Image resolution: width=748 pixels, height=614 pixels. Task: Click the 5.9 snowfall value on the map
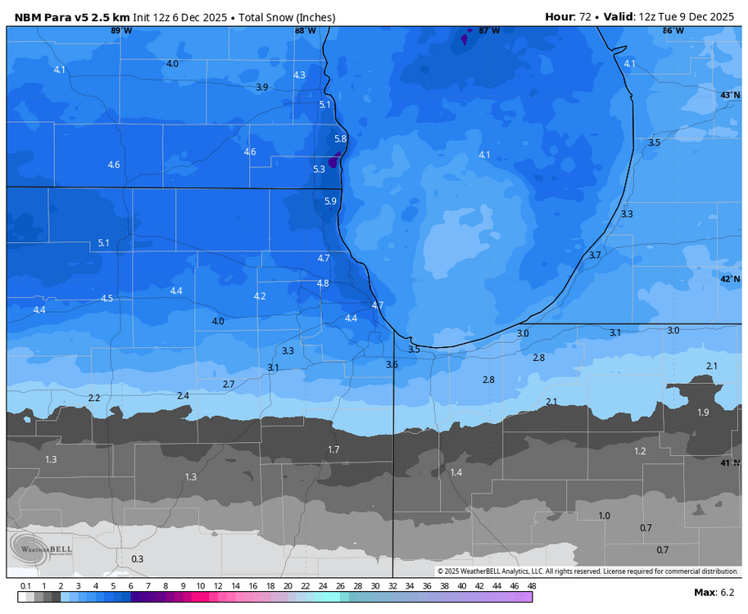click(330, 201)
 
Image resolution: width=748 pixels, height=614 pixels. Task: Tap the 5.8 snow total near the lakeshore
click(341, 139)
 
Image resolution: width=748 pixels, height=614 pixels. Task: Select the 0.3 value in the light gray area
click(137, 559)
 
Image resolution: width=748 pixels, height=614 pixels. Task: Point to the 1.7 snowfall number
click(333, 449)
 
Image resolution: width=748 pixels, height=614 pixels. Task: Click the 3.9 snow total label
click(261, 87)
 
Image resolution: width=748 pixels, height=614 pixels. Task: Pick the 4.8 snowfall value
click(323, 283)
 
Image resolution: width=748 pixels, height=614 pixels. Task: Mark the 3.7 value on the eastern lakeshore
click(595, 255)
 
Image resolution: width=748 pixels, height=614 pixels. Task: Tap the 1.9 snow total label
click(703, 412)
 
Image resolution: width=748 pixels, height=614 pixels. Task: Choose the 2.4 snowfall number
click(183, 395)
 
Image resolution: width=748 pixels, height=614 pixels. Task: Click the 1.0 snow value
click(604, 516)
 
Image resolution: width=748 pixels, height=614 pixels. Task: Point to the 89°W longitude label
click(120, 30)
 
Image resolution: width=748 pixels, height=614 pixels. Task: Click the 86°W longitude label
click(673, 30)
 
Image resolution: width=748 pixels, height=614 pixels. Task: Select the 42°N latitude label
click(730, 279)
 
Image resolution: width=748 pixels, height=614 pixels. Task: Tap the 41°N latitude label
click(730, 463)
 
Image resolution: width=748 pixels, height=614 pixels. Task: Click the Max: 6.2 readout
click(714, 592)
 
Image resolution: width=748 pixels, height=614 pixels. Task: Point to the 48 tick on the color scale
click(531, 586)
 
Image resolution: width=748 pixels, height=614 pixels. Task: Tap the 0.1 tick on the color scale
click(25, 586)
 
